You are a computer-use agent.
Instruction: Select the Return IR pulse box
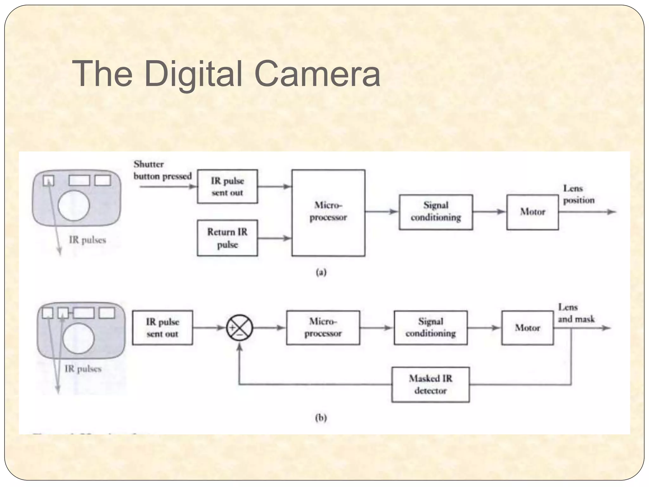227,238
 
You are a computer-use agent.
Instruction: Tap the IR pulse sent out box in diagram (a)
227,186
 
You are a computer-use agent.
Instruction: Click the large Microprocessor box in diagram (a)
328,212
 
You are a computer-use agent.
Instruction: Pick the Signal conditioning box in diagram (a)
436,212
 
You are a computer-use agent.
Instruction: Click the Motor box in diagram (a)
532,212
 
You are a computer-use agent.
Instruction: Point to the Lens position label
578,194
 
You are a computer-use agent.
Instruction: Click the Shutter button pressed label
162,170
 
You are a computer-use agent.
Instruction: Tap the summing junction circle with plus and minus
240,328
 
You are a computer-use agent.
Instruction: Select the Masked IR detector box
430,385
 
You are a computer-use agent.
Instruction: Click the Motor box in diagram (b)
527,328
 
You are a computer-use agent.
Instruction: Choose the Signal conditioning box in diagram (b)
430,328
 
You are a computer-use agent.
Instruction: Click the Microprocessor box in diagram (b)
323,328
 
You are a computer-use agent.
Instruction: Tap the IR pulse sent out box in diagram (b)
162,328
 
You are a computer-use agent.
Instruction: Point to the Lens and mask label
576,313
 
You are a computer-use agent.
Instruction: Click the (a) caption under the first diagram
321,272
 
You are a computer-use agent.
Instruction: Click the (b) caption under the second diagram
321,418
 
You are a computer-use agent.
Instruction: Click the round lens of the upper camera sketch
74,205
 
